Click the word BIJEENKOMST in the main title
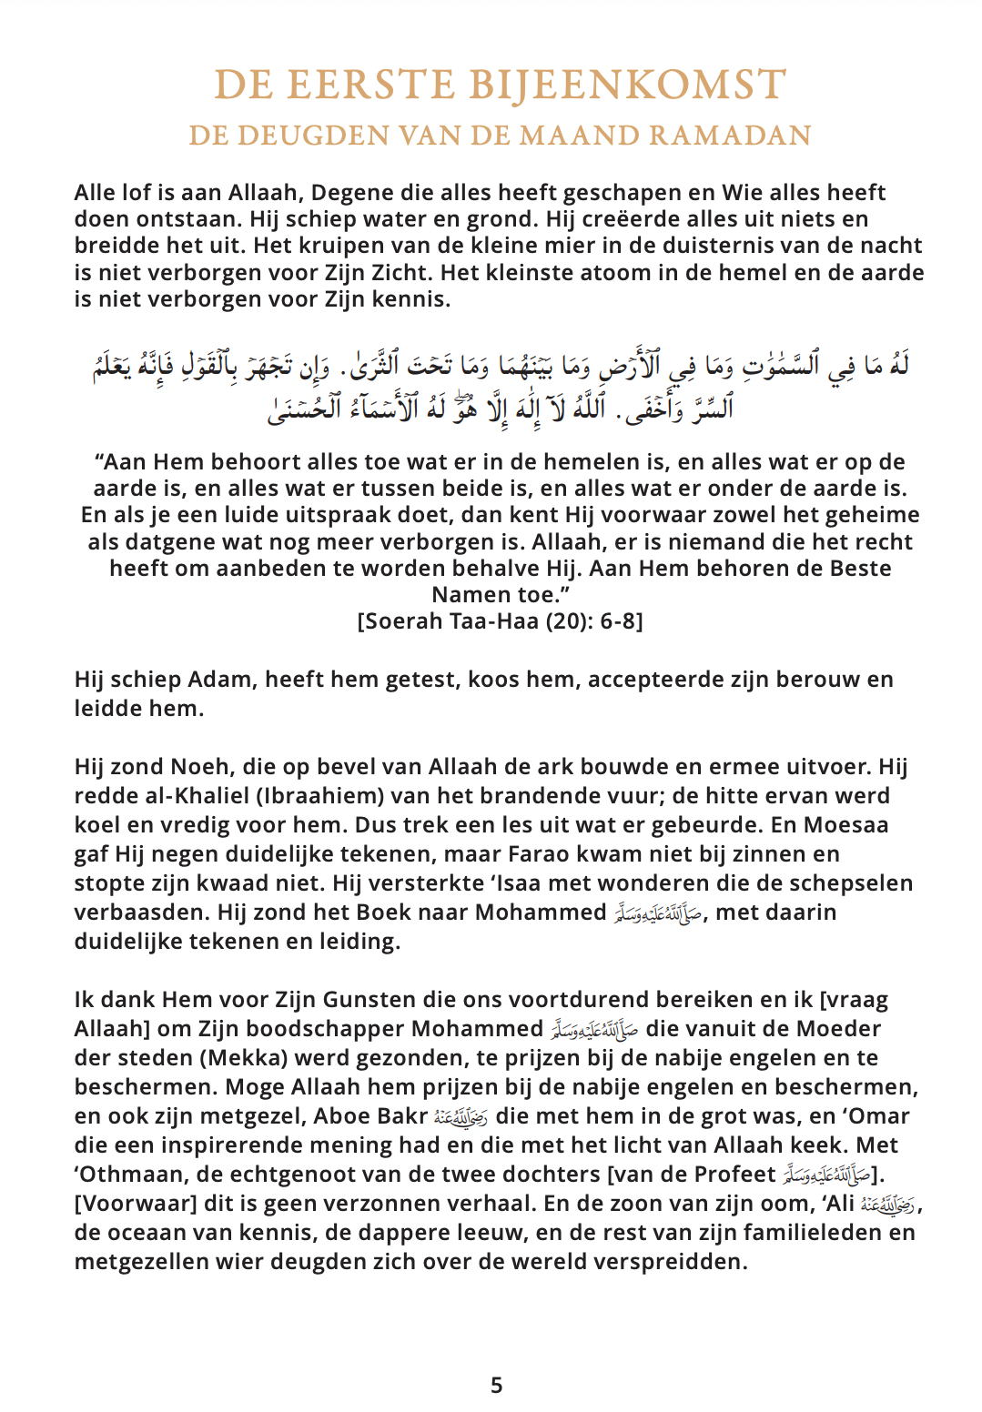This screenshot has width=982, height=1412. click(628, 85)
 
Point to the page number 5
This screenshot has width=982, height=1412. click(496, 1385)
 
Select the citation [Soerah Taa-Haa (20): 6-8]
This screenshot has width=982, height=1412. click(500, 621)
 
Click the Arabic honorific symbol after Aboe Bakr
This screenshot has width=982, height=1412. click(461, 1117)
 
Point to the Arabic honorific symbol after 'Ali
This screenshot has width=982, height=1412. click(888, 1205)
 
